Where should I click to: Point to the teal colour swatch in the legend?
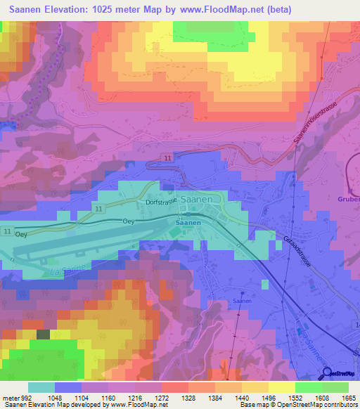point(41,387)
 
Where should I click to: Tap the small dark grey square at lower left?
point(43,335)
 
